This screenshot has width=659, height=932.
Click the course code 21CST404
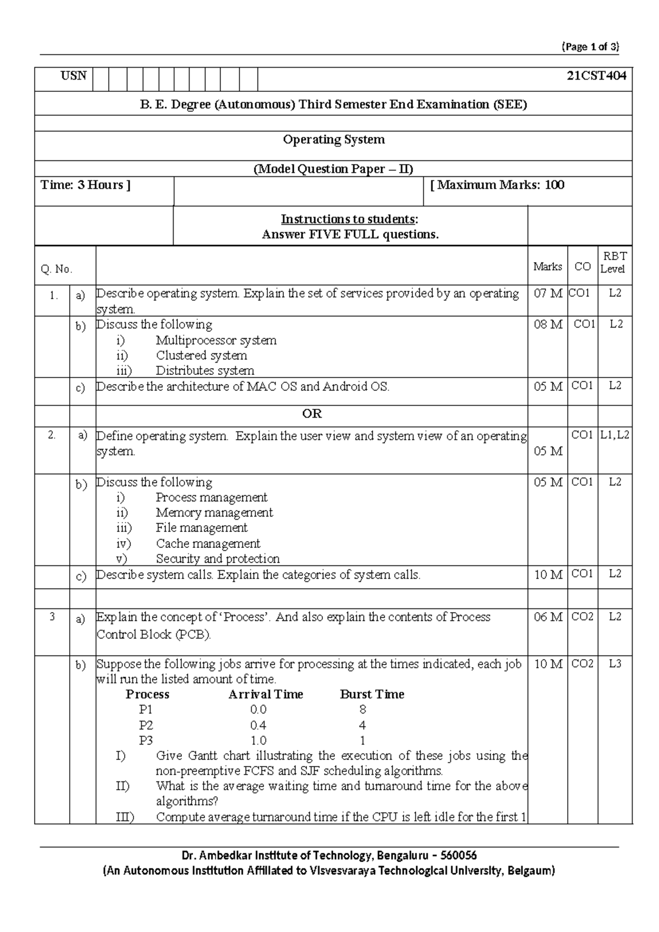click(596, 76)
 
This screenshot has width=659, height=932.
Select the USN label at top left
click(73, 75)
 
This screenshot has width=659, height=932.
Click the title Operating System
click(333, 140)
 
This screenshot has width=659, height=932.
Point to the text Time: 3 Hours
click(85, 185)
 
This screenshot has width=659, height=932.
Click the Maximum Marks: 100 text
click(497, 185)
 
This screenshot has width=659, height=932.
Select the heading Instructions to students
click(349, 219)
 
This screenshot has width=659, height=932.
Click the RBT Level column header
click(614, 262)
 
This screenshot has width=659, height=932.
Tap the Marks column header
click(548, 267)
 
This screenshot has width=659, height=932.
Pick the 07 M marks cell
click(548, 293)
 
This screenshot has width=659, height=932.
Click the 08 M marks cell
click(548, 324)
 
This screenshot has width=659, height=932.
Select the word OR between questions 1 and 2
click(311, 414)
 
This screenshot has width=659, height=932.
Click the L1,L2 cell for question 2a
click(615, 435)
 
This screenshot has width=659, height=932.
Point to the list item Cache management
click(208, 543)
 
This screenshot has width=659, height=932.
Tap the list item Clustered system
click(201, 356)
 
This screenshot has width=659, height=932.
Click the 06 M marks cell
click(548, 617)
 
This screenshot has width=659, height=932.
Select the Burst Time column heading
click(372, 695)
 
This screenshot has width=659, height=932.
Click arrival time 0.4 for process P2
click(258, 725)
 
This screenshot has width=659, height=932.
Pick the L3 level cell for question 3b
click(615, 664)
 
